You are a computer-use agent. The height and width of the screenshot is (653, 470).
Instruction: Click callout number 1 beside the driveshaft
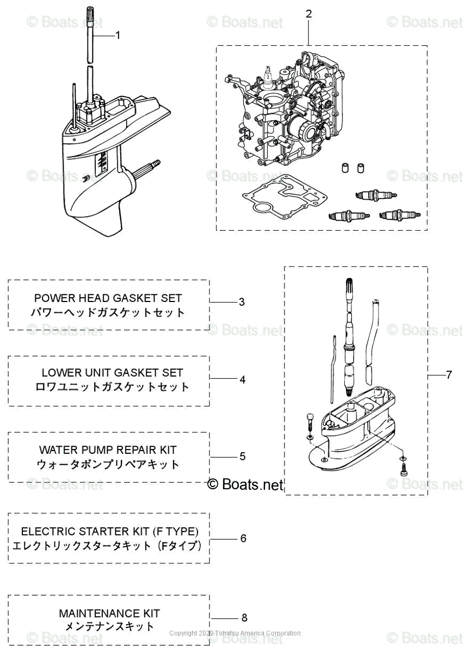click(x=117, y=35)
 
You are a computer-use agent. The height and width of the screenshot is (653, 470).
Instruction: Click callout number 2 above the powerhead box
click(x=308, y=14)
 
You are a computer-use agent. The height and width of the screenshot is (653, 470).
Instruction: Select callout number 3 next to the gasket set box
click(x=242, y=302)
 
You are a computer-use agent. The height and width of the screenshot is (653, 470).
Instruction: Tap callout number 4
click(x=243, y=380)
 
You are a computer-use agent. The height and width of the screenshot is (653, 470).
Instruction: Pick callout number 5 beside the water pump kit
click(x=243, y=456)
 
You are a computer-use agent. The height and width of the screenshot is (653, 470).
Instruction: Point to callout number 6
click(x=243, y=538)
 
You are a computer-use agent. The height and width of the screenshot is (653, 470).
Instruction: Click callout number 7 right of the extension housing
click(x=449, y=375)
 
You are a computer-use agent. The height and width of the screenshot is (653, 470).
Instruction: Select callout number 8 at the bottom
click(x=244, y=618)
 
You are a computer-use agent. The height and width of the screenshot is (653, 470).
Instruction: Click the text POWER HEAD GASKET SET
click(x=108, y=298)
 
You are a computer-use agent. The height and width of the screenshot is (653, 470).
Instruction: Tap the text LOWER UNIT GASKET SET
click(x=112, y=373)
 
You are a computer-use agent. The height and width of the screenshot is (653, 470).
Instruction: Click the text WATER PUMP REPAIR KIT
click(x=108, y=450)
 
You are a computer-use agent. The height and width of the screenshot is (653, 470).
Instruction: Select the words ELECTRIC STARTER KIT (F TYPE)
click(x=109, y=531)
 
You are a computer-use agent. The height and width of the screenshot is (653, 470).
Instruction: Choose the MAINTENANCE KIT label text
click(x=109, y=613)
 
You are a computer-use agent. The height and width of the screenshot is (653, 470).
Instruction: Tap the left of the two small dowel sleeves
click(x=344, y=168)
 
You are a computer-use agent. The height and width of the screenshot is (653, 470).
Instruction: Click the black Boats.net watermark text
click(x=246, y=484)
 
